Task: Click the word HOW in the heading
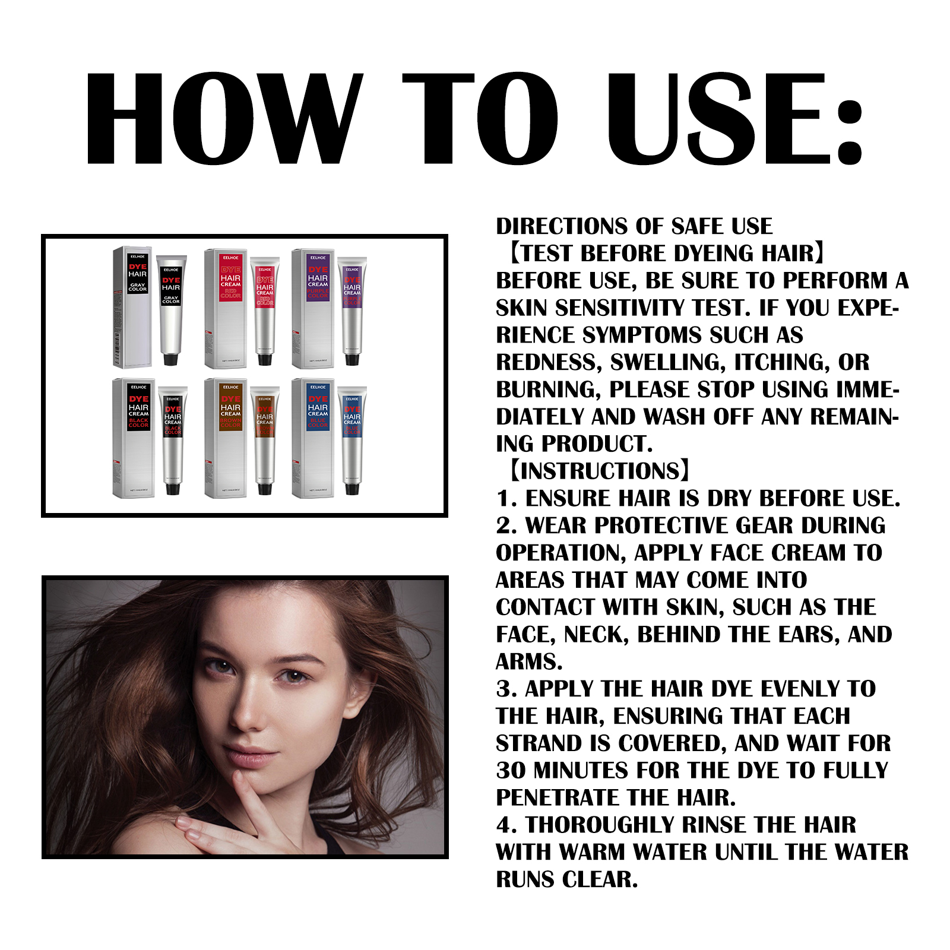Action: click(x=223, y=119)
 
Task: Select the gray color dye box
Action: click(x=132, y=307)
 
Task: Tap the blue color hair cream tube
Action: click(x=352, y=439)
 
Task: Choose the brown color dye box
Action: click(x=226, y=438)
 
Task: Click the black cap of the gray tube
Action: click(x=171, y=359)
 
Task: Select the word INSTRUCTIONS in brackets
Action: click(x=600, y=471)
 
